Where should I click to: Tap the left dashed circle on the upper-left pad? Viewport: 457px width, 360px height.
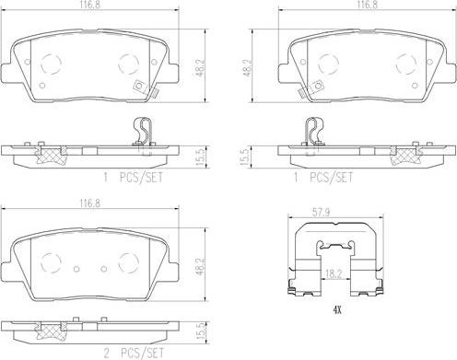(51, 64)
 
